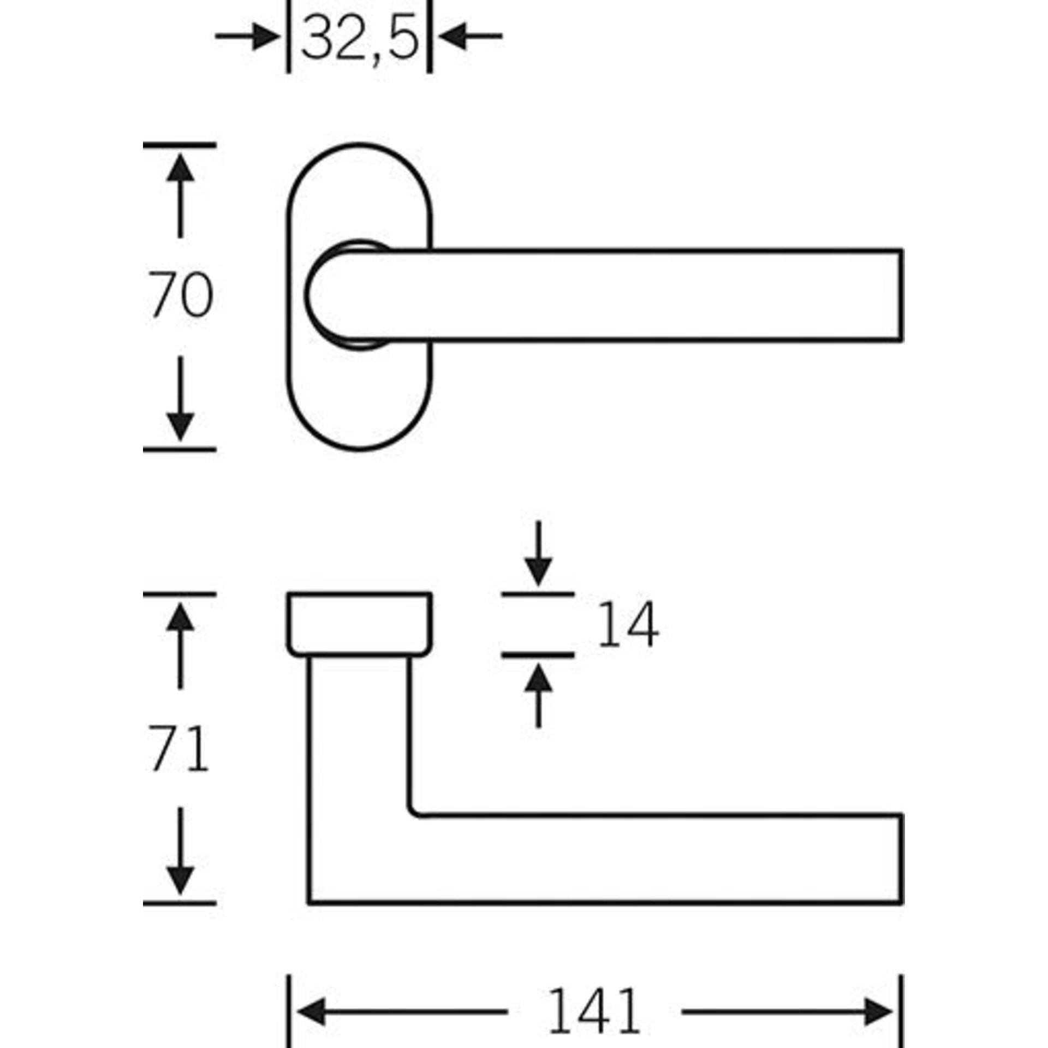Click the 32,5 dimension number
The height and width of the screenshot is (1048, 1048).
[360, 37]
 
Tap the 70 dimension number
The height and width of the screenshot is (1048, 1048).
[181, 295]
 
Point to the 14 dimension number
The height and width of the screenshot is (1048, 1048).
[628, 624]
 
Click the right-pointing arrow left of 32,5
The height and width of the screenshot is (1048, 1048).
[247, 37]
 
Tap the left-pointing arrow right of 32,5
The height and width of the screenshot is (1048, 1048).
[470, 37]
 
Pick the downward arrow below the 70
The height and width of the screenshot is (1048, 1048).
[180, 399]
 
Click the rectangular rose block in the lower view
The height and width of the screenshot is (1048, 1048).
[360, 624]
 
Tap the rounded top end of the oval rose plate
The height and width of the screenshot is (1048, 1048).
[360, 145]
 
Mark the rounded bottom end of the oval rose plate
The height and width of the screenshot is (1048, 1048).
[360, 450]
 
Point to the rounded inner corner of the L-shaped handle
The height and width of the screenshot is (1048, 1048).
[414, 827]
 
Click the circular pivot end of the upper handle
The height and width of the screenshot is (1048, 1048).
[307, 295]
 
